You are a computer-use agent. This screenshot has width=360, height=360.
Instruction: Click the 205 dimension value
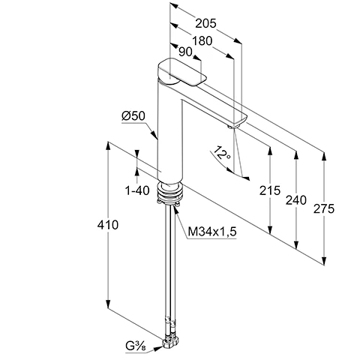205,24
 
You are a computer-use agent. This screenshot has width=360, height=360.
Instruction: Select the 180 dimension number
202,41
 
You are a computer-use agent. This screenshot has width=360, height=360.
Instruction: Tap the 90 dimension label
186,52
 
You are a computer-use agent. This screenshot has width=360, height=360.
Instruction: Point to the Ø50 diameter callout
133,116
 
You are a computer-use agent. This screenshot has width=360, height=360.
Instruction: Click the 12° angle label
221,153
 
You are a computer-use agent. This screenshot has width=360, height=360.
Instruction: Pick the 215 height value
270,190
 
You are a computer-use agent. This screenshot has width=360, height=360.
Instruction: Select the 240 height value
296,200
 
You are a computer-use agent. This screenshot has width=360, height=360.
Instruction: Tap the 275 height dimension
324,208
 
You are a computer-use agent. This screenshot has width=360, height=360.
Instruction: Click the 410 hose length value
108,225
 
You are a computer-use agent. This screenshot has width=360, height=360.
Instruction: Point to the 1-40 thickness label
137,191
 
